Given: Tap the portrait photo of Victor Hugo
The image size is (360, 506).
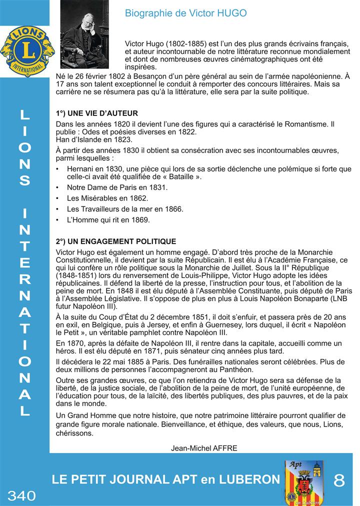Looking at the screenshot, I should tap(84, 34).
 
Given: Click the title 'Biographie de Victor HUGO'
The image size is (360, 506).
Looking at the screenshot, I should tap(185, 13).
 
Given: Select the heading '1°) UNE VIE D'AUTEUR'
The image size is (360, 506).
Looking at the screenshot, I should tap(97, 113).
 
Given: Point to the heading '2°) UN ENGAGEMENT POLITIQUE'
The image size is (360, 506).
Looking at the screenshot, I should tap(116, 241).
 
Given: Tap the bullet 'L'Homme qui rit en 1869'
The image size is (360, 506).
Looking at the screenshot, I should tap(108, 219).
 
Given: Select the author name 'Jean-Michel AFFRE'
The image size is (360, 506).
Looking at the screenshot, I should tap(204, 448).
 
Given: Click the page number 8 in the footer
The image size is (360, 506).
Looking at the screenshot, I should tap(339, 480).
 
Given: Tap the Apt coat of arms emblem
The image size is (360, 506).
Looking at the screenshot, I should tap(303, 482).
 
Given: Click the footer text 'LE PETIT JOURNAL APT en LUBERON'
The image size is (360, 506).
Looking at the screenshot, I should tap(166, 480).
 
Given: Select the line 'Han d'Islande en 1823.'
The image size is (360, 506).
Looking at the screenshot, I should tap(94, 139).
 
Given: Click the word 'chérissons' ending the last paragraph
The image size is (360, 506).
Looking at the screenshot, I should tap(74, 433).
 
